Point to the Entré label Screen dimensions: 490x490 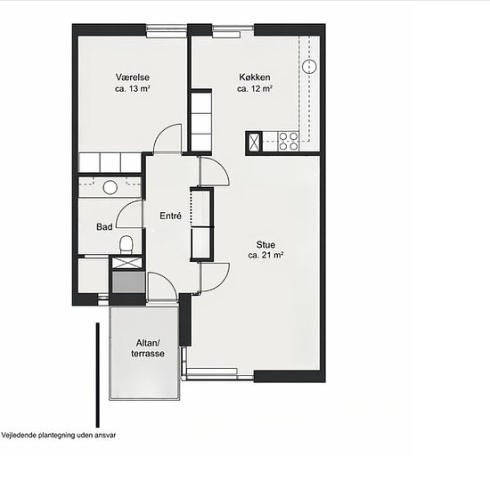pyautogui.click(x=170, y=216)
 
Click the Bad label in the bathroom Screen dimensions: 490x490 pyautogui.click(x=104, y=226)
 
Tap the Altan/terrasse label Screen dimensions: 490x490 pyautogui.click(x=148, y=348)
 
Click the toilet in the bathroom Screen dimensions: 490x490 pyautogui.click(x=127, y=245)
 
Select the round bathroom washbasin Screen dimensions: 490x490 pyautogui.click(x=110, y=187)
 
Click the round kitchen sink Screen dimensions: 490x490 pyautogui.click(x=309, y=66)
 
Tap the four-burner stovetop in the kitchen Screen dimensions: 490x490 pyautogui.click(x=289, y=142)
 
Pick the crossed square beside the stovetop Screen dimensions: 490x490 pyautogui.click(x=255, y=143)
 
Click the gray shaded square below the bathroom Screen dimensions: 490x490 pyautogui.click(x=128, y=282)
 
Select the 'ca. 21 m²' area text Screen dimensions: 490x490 pyautogui.click(x=265, y=255)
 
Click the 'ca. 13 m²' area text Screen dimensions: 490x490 pyautogui.click(x=133, y=88)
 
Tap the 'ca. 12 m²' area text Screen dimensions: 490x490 pyautogui.click(x=255, y=88)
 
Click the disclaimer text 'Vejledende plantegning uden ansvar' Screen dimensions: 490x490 pyautogui.click(x=59, y=435)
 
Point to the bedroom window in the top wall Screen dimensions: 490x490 pyautogui.click(x=167, y=31)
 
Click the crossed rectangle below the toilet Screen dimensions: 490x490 pyautogui.click(x=127, y=263)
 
